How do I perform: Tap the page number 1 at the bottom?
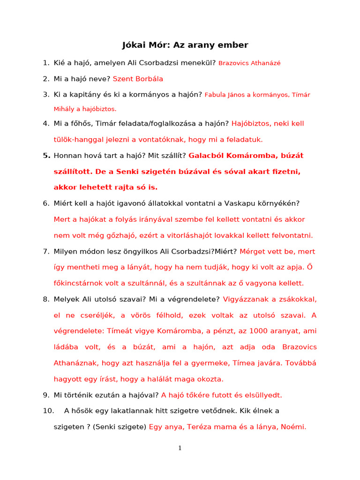click(x=180, y=448)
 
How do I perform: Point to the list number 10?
click(x=49, y=411)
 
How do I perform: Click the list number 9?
click(x=46, y=395)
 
